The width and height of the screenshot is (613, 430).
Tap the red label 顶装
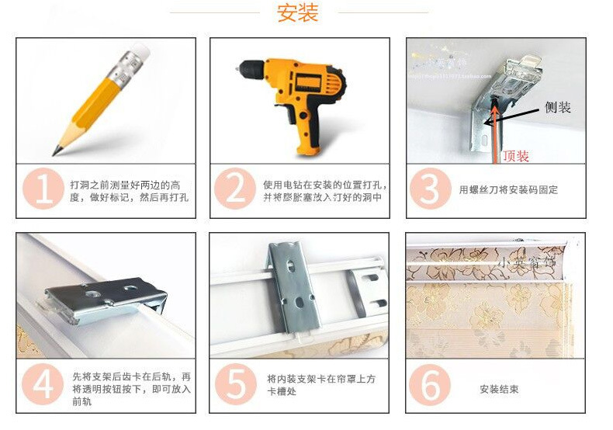click(516, 156)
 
